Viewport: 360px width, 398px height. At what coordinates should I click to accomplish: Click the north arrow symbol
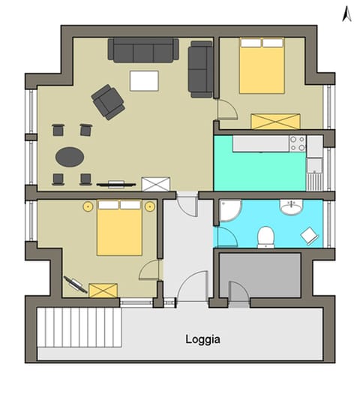coord(346,13)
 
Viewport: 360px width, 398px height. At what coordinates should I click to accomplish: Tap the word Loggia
coord(202,339)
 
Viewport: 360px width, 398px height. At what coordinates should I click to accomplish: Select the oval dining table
coord(70,156)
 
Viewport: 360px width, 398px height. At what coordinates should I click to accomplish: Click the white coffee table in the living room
coord(145,80)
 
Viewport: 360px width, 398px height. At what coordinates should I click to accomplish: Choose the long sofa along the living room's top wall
coord(143,50)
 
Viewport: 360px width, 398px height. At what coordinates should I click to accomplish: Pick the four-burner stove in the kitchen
coord(297,143)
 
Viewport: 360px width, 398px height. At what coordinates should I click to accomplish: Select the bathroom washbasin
coord(290,207)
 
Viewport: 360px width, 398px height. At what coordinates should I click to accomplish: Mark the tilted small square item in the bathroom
coord(308,235)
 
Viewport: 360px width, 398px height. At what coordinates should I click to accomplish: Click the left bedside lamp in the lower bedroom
coord(88,205)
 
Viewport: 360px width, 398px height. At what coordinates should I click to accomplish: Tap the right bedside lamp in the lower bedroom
coord(150,205)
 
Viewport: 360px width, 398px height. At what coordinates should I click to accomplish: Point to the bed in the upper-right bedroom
coord(262,65)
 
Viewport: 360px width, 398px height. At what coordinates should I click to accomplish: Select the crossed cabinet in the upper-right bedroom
coord(275,121)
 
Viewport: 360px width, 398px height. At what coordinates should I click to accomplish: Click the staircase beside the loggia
coord(79,327)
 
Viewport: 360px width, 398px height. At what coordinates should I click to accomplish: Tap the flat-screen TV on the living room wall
coord(115,182)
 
